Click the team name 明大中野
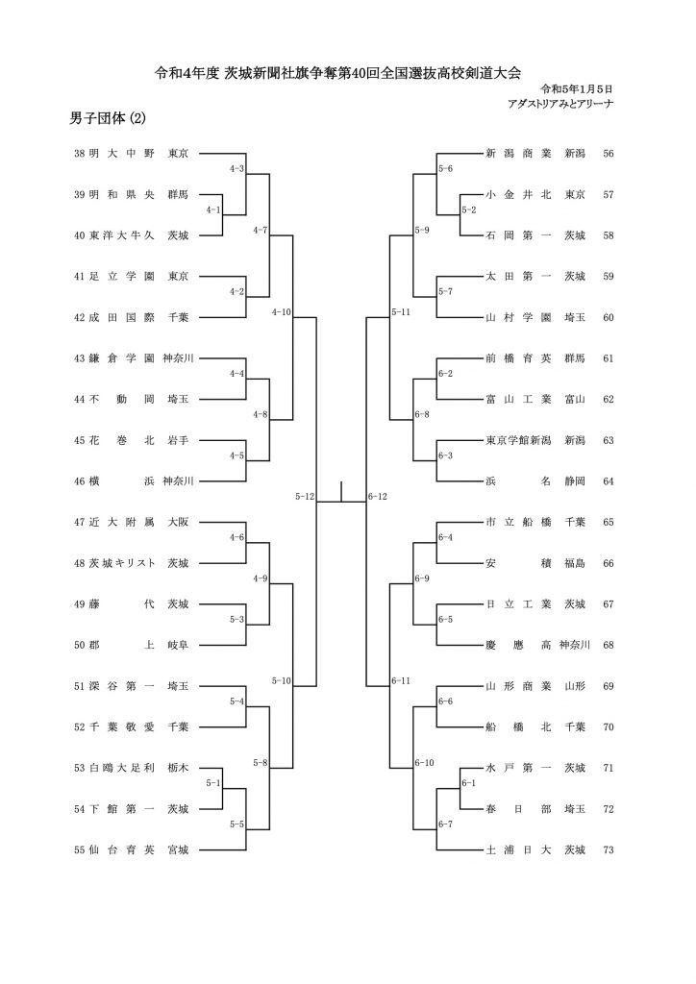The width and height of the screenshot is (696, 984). click(x=121, y=153)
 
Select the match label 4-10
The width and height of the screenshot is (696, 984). click(x=281, y=312)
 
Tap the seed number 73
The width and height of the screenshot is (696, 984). click(x=608, y=849)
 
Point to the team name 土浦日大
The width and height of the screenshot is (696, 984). click(x=518, y=849)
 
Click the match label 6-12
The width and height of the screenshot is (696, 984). click(x=377, y=497)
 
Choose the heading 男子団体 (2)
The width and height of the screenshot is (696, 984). click(x=108, y=118)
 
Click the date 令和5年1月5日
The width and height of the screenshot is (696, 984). click(x=577, y=89)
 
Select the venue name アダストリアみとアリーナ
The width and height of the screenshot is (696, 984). click(x=560, y=104)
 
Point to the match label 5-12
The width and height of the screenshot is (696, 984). click(x=305, y=497)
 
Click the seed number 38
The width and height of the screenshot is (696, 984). click(x=79, y=153)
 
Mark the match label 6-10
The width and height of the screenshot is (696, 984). click(x=424, y=763)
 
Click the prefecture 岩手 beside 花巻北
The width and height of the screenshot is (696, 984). click(x=178, y=440)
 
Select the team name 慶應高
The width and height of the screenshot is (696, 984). click(x=518, y=645)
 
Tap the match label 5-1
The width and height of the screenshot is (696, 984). click(x=213, y=783)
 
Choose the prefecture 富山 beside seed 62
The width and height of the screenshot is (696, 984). click(x=575, y=399)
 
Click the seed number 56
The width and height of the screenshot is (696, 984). click(x=608, y=153)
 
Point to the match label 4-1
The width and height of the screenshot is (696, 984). click(x=213, y=210)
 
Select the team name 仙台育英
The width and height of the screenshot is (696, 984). click(x=121, y=849)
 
